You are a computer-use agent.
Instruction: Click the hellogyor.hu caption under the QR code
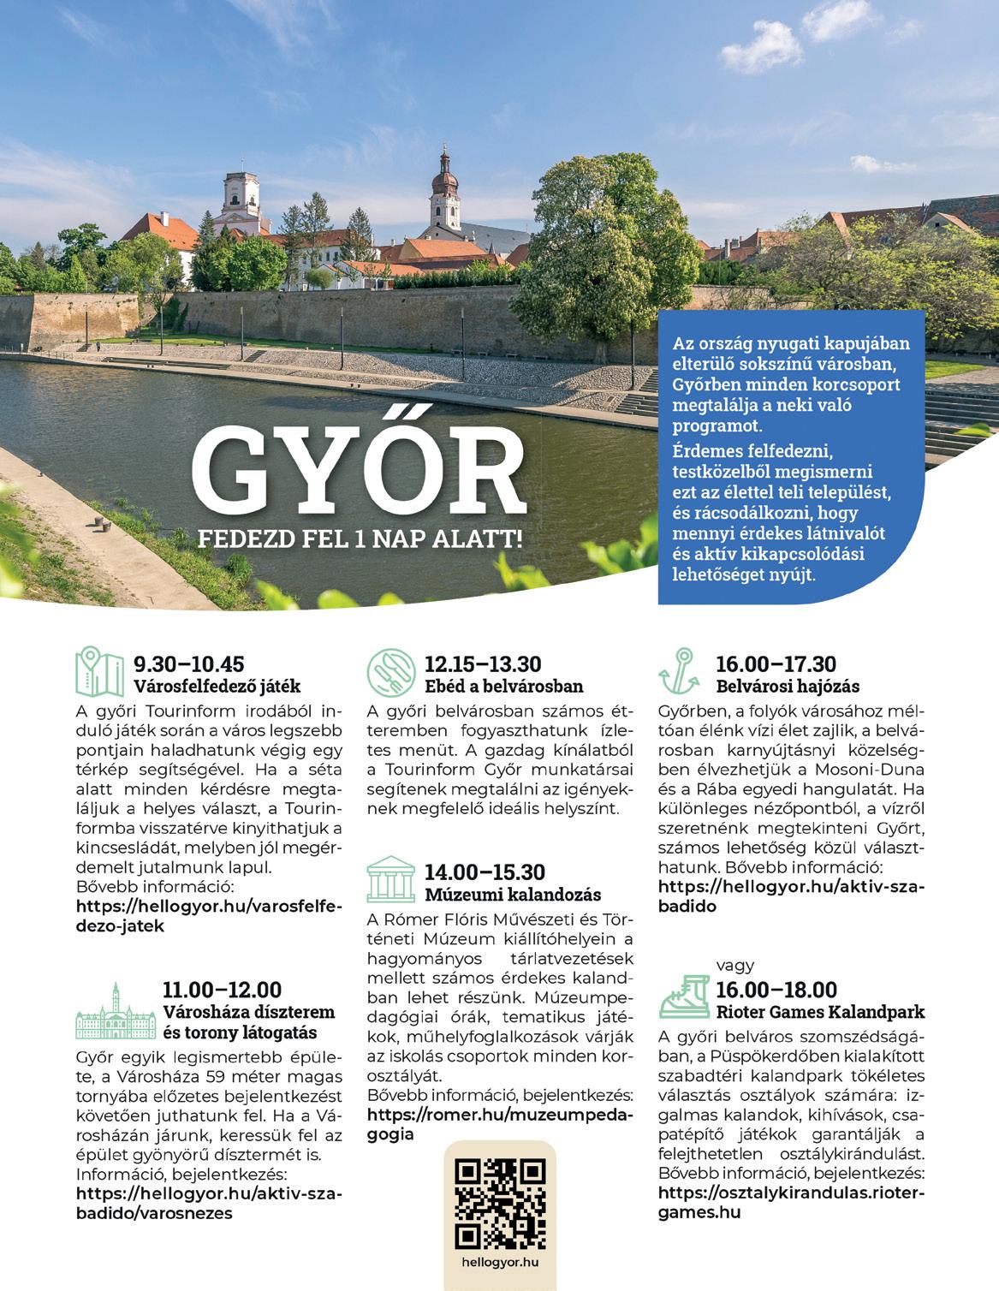tap(500, 1262)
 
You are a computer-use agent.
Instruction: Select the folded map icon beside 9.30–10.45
tap(100, 672)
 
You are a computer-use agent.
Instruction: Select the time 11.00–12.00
tap(222, 991)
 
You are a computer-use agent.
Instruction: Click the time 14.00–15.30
tap(485, 872)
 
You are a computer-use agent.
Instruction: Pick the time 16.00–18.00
tap(776, 991)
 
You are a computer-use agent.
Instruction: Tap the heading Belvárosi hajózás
tap(788, 687)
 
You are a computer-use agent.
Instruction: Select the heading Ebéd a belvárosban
tap(504, 687)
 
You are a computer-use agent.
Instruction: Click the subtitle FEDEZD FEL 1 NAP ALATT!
tap(360, 540)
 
